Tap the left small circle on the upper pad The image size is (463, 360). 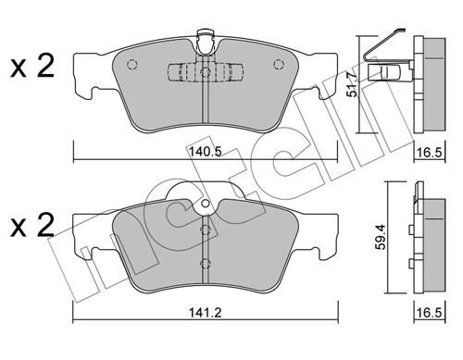pyautogui.click(x=130, y=65)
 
